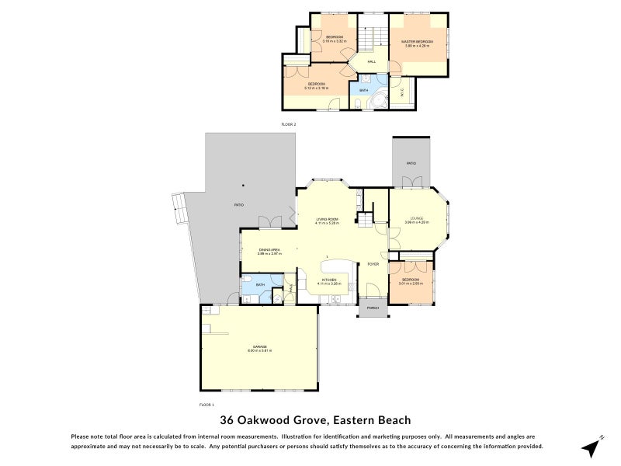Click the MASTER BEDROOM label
[416, 41]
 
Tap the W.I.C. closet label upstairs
[401, 93]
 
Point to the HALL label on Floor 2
[372, 61]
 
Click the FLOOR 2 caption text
[289, 124]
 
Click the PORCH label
[373, 308]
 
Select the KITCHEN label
[329, 279]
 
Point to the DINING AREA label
[270, 249]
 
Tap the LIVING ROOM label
[327, 219]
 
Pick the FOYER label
[373, 264]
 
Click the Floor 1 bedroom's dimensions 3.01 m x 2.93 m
[409, 283]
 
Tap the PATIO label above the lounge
[411, 163]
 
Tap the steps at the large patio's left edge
[179, 206]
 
